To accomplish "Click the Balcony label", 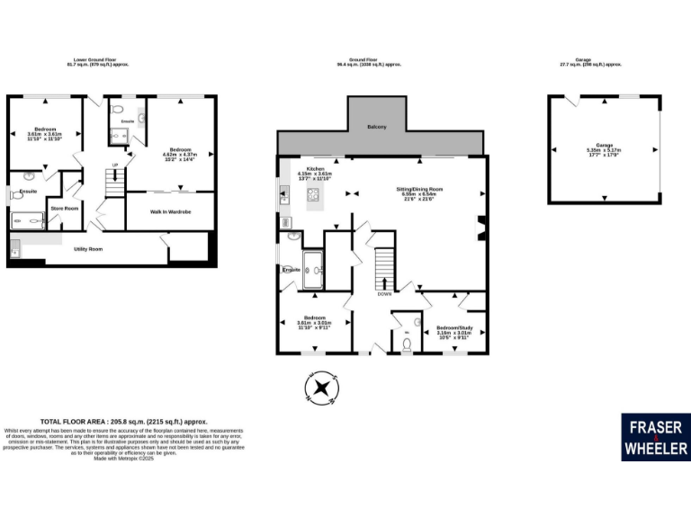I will point(376,127).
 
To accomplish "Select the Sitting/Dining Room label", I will point(420,189).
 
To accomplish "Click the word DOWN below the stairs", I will point(384,294).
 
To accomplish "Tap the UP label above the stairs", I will point(114,165).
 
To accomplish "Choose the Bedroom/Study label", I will point(454,327).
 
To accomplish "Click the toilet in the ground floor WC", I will point(407,342).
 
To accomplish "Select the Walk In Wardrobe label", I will point(170,211).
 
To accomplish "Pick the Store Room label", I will point(65,208).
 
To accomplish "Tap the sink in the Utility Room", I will point(15,249).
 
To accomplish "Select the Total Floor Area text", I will point(124,421).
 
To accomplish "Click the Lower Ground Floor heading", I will point(98,61).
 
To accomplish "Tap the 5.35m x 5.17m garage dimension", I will point(605,150).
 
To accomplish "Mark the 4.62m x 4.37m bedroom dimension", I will point(182,154).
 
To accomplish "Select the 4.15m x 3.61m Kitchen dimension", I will point(316,174).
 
